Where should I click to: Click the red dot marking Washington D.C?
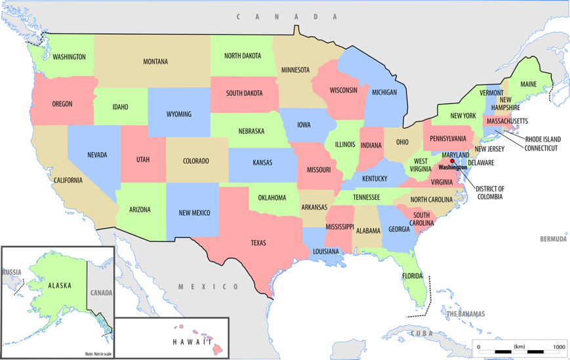click(x=452, y=161)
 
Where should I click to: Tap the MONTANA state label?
click(x=155, y=62)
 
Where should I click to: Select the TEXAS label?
click(x=258, y=243)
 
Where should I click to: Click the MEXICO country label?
click(x=209, y=287)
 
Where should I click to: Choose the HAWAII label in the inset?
click(x=192, y=342)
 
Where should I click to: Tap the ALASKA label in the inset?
click(x=59, y=286)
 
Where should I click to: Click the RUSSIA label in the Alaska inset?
click(x=11, y=272)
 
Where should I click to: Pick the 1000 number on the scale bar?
click(x=559, y=347)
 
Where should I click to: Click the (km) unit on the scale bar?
click(x=519, y=347)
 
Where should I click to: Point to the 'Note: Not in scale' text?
click(x=98, y=354)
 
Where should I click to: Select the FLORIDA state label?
click(x=413, y=275)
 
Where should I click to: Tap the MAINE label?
click(x=528, y=85)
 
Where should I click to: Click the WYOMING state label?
click(x=178, y=114)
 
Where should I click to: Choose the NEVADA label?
click(x=97, y=155)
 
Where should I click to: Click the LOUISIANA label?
click(x=326, y=252)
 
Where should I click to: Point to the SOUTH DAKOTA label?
click(x=244, y=93)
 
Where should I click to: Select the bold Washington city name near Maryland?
click(x=453, y=168)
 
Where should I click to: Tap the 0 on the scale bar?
click(x=478, y=347)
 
